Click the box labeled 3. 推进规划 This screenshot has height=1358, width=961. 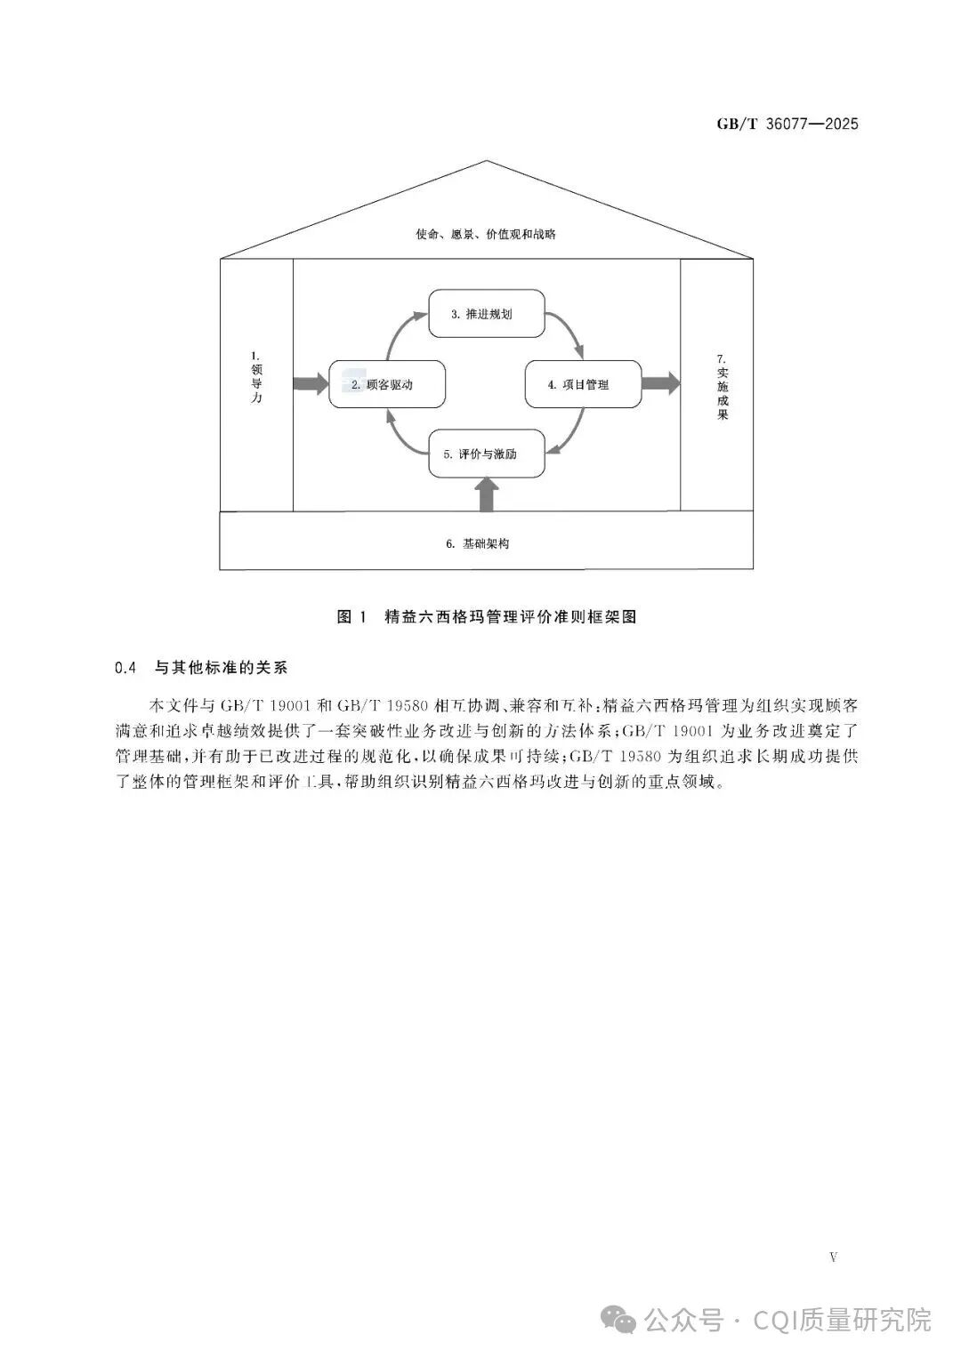pyautogui.click(x=487, y=313)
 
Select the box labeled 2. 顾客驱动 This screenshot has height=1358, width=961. pyautogui.click(x=387, y=384)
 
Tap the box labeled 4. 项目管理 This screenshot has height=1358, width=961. pyautogui.click(x=583, y=384)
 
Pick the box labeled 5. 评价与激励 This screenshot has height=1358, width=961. pyautogui.click(x=487, y=454)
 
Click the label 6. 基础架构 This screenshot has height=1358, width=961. pyautogui.click(x=478, y=543)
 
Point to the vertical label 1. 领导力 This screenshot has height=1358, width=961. pyautogui.click(x=256, y=376)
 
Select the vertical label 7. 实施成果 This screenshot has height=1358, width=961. pyautogui.click(x=722, y=387)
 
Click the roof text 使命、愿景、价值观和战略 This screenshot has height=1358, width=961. pyautogui.click(x=485, y=234)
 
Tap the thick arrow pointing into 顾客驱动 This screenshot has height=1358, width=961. pyautogui.click(x=311, y=384)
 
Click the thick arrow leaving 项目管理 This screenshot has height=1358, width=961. pyautogui.click(x=660, y=384)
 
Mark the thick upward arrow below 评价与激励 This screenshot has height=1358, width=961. pyautogui.click(x=487, y=494)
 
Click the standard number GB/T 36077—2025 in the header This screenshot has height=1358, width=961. pyautogui.click(x=787, y=125)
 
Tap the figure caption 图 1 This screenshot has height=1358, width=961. pyautogui.click(x=351, y=617)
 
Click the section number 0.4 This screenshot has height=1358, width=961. pyautogui.click(x=125, y=668)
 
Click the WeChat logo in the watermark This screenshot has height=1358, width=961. pyautogui.click(x=618, y=1318)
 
